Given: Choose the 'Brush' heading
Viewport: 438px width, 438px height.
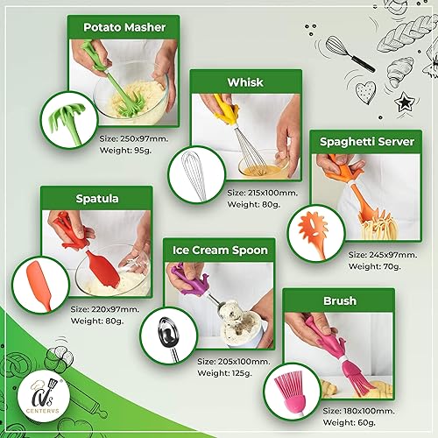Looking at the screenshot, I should [339, 301].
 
